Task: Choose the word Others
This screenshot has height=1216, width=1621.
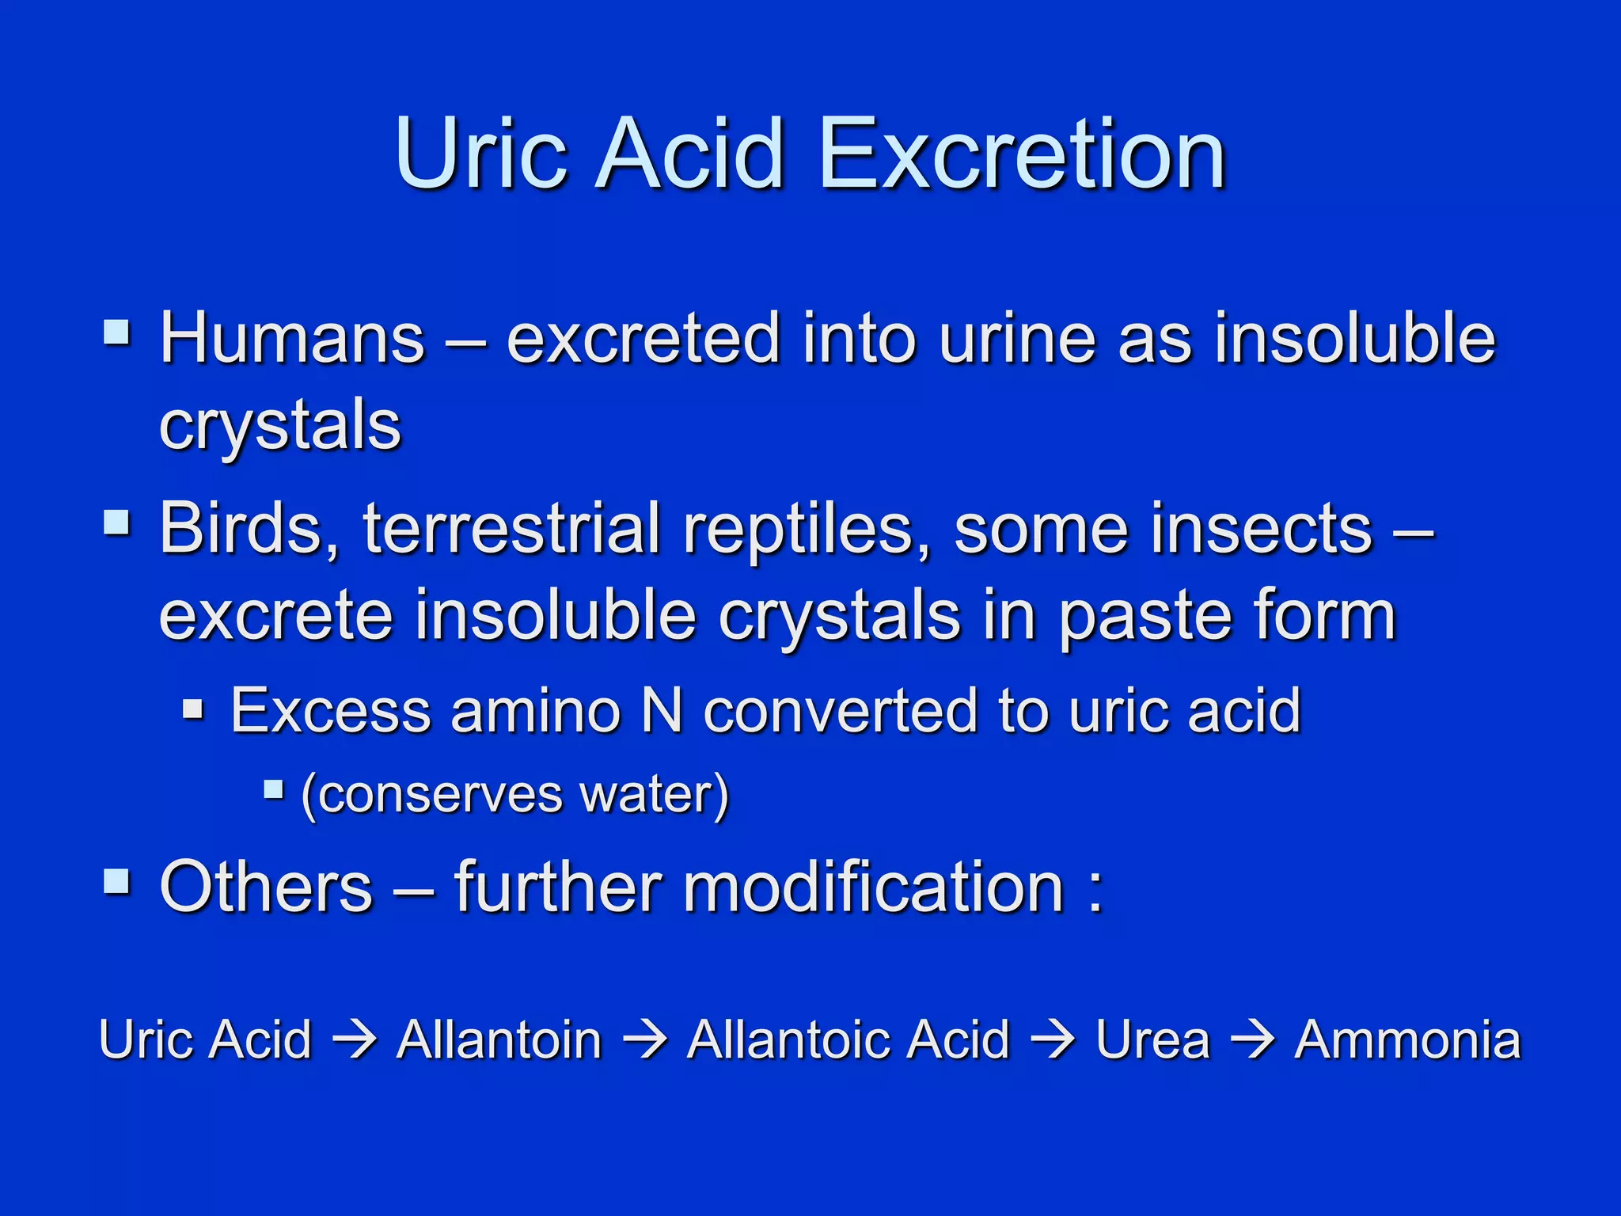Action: tap(266, 887)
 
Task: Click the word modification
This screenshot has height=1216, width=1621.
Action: tap(873, 887)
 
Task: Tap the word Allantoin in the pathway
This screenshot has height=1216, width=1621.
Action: tap(499, 1039)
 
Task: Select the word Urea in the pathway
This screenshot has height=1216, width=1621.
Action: tap(1153, 1039)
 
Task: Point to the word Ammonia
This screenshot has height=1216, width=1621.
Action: tap(1407, 1039)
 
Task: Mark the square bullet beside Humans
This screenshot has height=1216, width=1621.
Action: tap(117, 332)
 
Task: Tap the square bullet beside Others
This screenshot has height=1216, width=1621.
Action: tap(117, 881)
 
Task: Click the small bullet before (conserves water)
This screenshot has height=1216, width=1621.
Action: tap(274, 789)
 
